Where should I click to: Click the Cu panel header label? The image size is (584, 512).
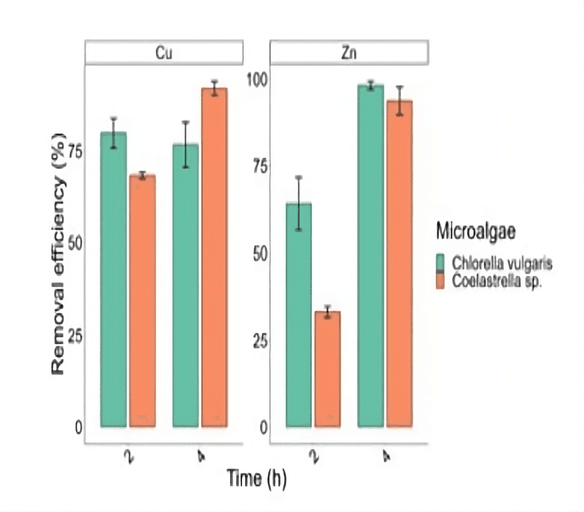click(165, 52)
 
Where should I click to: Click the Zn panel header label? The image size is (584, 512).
click(349, 52)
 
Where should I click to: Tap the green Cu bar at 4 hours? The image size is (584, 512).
click(185, 285)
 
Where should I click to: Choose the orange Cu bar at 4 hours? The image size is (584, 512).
click(214, 257)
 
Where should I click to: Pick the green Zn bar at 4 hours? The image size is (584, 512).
click(371, 256)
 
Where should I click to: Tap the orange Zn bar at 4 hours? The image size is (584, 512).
click(400, 263)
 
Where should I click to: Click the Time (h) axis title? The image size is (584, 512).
click(256, 478)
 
